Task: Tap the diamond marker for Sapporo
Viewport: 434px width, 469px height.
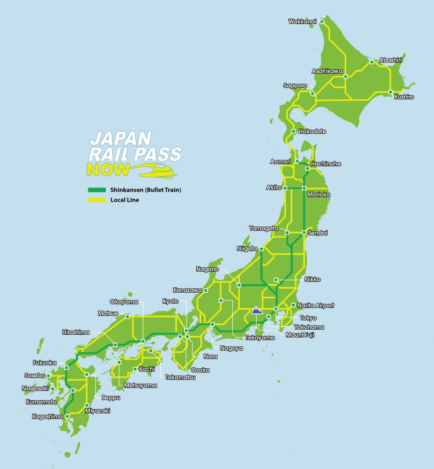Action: click(312, 93)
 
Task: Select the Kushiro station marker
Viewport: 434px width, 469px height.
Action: click(390, 92)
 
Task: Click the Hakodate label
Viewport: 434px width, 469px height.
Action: click(312, 131)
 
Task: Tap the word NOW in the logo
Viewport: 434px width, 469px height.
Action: click(108, 170)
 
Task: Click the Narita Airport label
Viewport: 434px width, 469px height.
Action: click(316, 305)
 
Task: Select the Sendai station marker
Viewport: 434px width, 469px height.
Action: click(304, 233)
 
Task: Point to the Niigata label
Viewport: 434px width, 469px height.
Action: click(247, 249)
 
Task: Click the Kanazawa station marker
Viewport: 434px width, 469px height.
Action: click(206, 290)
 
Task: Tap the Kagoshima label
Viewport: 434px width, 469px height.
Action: click(47, 417)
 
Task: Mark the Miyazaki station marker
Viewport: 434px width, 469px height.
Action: click(87, 405)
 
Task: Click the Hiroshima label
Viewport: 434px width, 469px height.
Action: click(76, 333)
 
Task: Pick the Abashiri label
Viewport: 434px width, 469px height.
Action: click(390, 60)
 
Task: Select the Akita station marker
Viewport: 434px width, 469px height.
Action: click(285, 188)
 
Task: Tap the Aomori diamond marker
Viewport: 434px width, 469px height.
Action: click(297, 161)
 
